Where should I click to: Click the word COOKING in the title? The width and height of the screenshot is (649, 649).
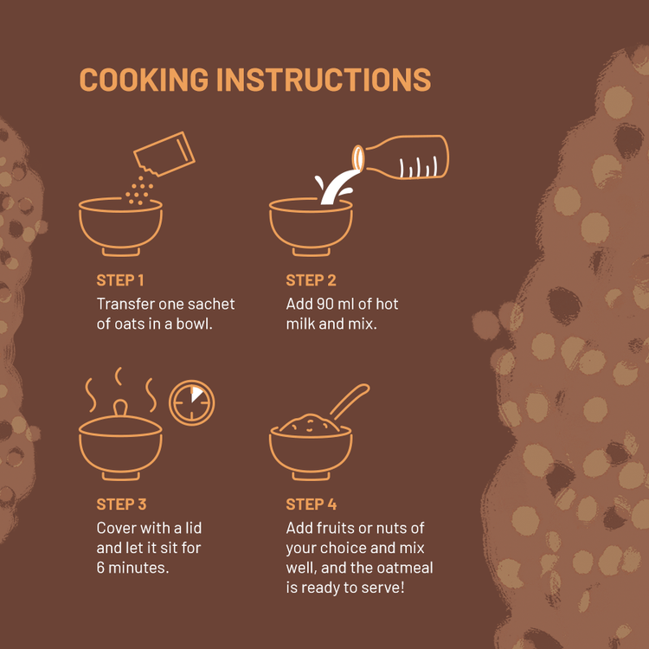[144, 79]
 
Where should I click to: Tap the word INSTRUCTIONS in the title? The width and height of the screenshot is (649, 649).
[324, 79]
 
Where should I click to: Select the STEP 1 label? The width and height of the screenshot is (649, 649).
[120, 280]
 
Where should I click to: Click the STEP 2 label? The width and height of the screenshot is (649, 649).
[311, 280]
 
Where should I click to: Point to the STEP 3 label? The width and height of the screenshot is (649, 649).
[121, 504]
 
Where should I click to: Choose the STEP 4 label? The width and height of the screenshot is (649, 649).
[312, 504]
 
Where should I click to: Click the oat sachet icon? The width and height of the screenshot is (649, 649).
[164, 154]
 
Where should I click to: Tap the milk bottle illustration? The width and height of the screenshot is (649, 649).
[401, 157]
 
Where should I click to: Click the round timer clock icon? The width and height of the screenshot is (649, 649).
[191, 402]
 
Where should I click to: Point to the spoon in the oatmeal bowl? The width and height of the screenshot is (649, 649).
[350, 402]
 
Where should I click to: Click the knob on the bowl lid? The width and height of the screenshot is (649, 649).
[120, 408]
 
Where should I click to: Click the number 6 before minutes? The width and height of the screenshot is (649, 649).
[100, 568]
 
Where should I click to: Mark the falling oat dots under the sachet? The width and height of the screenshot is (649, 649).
[139, 190]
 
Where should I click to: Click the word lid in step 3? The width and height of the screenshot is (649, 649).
[193, 528]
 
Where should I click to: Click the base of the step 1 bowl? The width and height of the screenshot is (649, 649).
[121, 252]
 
